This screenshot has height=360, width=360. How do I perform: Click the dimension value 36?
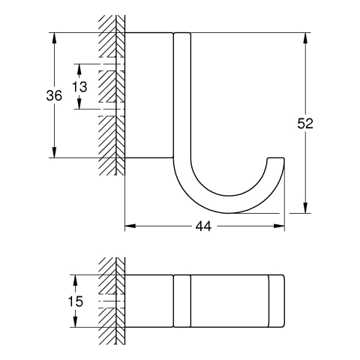[54, 95]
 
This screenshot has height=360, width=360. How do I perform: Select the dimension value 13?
[79, 87]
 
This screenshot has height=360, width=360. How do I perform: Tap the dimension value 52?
[305, 123]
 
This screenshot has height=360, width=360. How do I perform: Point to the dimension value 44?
[203, 226]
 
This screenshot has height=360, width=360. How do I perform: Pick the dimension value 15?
[76, 301]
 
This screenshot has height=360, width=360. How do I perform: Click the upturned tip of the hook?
[276, 159]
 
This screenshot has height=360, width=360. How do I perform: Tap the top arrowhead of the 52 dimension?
[305, 38]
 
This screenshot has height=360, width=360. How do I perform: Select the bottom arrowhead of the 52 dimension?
[305, 208]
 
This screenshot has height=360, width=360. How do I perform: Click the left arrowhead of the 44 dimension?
[130, 226]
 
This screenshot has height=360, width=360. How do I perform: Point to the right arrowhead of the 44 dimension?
[279, 226]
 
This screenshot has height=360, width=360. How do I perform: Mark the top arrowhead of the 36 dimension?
[54, 38]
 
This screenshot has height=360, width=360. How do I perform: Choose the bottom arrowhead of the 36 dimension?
[54, 152]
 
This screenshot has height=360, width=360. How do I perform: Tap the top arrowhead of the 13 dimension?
[79, 70]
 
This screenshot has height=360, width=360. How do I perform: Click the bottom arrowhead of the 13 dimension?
[79, 103]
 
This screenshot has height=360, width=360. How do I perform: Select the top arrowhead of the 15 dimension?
[75, 280]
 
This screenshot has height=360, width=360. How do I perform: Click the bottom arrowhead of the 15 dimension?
[75, 322]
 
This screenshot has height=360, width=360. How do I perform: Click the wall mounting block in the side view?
[149, 95]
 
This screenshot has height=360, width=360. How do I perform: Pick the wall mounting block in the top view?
[149, 301]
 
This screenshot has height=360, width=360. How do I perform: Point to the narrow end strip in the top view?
[277, 301]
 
